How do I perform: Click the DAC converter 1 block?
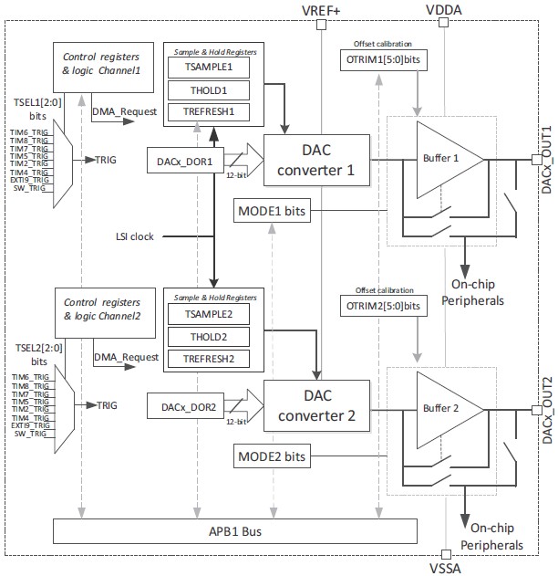pyautogui.click(x=315, y=161)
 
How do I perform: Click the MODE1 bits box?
pyautogui.click(x=270, y=213)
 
